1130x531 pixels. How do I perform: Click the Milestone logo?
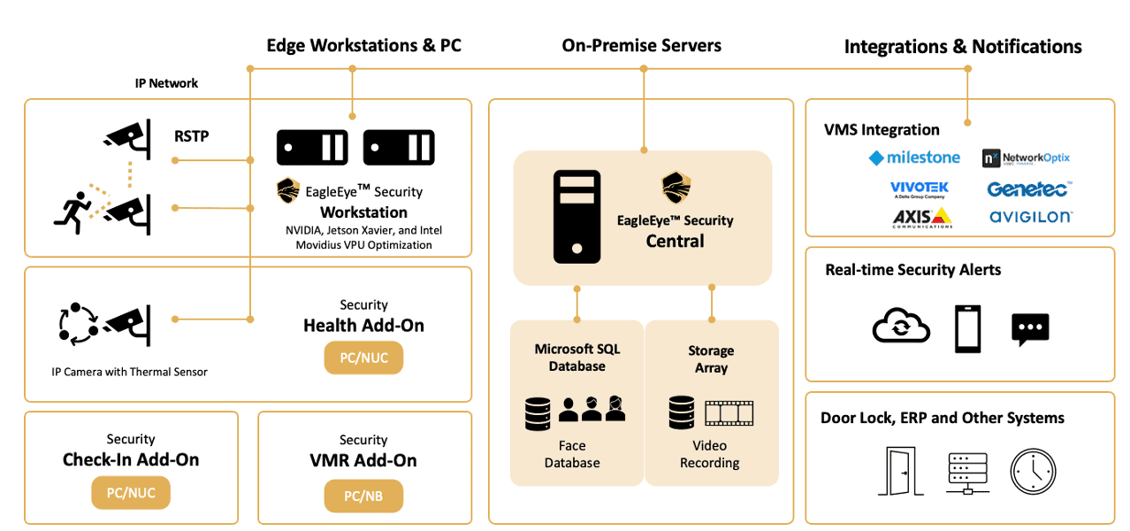coord(914,158)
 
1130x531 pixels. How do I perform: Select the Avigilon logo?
coord(1031,216)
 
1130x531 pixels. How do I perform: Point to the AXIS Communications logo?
coord(921,218)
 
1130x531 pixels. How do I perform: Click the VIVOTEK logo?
coord(920,189)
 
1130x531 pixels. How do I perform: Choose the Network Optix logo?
coord(1027,158)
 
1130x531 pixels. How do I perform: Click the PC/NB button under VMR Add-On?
coord(363,496)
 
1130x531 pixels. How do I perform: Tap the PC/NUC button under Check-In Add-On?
coord(131,493)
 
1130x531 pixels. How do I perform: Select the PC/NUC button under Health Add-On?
coord(363,358)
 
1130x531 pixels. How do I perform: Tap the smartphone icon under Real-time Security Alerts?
coord(967,328)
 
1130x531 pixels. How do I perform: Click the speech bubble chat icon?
coord(1030,329)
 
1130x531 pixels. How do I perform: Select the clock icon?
coord(1033,471)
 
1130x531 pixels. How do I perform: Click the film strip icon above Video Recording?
coord(729,412)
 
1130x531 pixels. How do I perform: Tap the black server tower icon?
coord(577,217)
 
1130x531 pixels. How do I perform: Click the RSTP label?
coord(192,136)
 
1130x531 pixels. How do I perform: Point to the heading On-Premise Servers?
coord(641,45)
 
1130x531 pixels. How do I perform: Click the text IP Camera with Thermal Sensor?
coord(130,372)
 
